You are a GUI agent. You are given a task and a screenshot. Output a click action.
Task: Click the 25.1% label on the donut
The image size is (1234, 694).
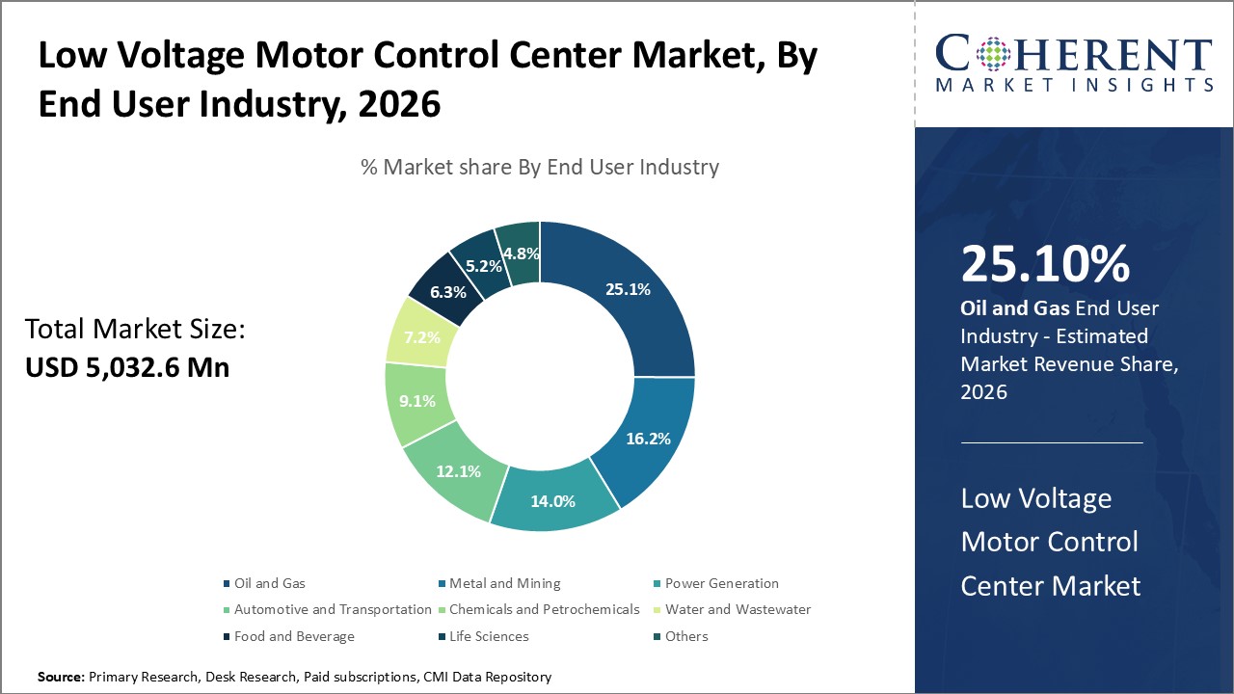tap(627, 288)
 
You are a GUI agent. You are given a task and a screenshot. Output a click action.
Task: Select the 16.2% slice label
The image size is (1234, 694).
tap(647, 438)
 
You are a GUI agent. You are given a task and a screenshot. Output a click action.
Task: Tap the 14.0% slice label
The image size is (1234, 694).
tap(552, 500)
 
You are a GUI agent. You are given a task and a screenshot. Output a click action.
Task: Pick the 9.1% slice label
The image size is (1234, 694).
tap(416, 400)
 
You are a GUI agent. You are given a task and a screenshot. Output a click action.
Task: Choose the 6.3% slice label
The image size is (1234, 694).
tap(449, 291)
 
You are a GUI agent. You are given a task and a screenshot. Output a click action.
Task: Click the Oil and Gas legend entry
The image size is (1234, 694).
tap(269, 583)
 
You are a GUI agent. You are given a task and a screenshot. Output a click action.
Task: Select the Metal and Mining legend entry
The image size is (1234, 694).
tap(504, 583)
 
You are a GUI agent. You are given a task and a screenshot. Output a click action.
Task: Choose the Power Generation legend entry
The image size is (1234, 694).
tap(721, 583)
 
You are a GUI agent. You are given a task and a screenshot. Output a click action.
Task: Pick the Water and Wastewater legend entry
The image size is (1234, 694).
tap(738, 609)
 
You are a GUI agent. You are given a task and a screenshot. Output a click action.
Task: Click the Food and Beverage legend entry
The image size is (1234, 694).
tap(294, 636)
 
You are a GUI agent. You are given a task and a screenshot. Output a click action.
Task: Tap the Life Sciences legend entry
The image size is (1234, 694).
tap(489, 636)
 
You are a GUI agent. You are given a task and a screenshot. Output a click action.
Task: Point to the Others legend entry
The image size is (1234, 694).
tap(686, 636)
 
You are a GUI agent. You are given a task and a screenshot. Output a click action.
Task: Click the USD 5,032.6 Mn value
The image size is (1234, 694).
tap(127, 367)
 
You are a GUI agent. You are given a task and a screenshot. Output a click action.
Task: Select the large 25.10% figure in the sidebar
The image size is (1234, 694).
tap(1045, 265)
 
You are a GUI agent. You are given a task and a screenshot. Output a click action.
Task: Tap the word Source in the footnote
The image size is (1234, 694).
tap(61, 678)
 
